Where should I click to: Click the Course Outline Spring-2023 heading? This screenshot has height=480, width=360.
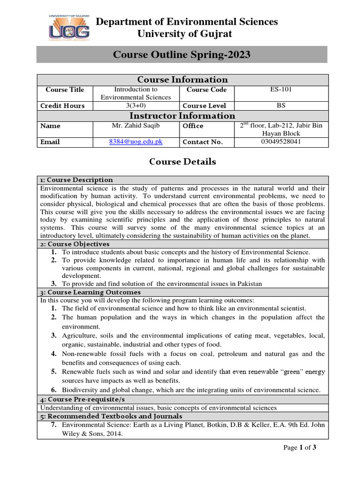tap(182, 55)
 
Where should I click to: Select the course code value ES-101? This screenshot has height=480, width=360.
tap(281, 89)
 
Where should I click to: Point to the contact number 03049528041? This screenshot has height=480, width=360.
tap(281, 142)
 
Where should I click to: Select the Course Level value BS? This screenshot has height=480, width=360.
tap(281, 105)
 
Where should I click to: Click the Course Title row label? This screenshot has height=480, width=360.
tap(65, 90)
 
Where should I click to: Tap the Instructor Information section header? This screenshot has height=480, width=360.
tap(182, 116)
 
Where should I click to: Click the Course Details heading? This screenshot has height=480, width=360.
tap(182, 162)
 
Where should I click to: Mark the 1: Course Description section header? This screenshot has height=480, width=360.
tap(76, 180)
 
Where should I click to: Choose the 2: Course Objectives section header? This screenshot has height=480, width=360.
tap(75, 244)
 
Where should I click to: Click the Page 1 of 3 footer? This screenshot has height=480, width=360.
tap(300, 448)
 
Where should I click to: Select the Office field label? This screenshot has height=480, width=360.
tap(193, 126)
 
